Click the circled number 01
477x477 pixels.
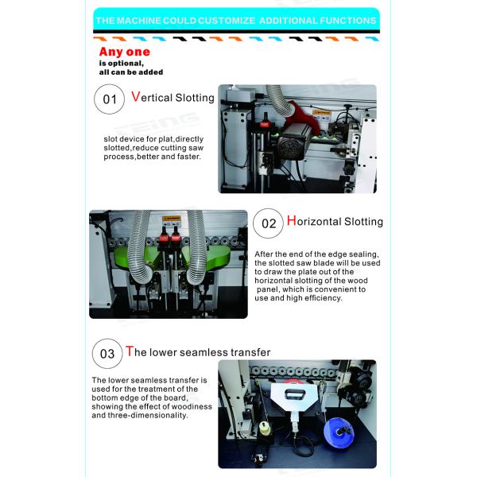click(x=110, y=100)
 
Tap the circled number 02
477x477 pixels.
click(x=269, y=223)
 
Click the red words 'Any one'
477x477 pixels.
click(x=124, y=52)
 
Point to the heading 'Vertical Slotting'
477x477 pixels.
click(x=173, y=97)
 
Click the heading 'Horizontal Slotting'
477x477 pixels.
click(x=334, y=221)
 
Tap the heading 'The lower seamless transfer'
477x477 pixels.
click(x=197, y=351)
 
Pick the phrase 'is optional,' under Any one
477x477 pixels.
click(x=121, y=63)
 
